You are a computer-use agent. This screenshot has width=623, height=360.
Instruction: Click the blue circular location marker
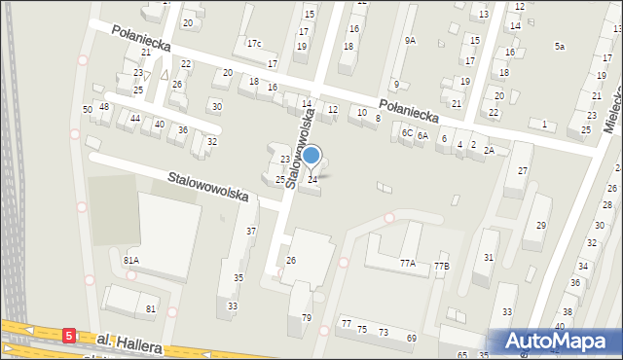click(311, 155)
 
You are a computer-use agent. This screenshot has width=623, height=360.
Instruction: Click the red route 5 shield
click(69, 335)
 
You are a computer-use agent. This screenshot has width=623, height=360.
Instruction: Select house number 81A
click(130, 261)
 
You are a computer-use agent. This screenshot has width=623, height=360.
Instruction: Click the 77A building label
click(407, 263)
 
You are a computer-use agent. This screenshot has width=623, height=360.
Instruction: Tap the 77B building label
click(441, 266)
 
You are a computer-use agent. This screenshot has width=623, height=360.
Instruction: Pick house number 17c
click(254, 44)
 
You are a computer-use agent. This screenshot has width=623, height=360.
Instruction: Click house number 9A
click(411, 40)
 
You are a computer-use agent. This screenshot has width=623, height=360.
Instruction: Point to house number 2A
click(490, 150)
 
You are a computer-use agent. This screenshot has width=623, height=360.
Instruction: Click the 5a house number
click(560, 46)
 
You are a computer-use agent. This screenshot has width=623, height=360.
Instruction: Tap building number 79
click(306, 318)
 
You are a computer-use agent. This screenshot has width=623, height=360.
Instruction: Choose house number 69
click(412, 337)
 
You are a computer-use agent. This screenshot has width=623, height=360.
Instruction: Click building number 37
click(251, 231)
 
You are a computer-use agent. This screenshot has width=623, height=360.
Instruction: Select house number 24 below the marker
click(312, 179)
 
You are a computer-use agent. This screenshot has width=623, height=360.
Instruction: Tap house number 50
click(88, 109)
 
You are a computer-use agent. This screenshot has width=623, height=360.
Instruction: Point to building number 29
click(541, 225)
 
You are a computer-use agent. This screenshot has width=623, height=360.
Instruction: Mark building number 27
click(523, 170)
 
